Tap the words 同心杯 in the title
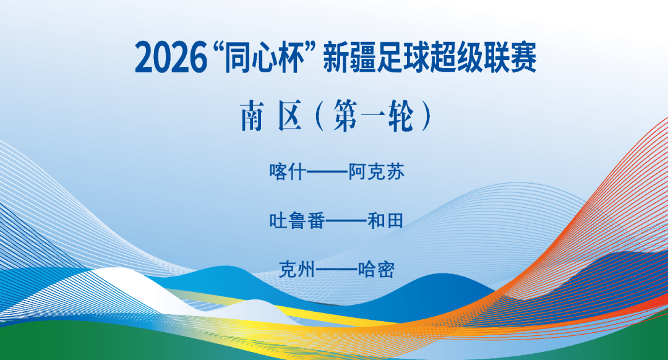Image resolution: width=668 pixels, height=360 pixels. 263,58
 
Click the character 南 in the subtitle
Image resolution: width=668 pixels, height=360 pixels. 252,116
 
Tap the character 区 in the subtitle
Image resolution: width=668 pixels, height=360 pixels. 290,116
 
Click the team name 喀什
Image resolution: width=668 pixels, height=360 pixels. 288,172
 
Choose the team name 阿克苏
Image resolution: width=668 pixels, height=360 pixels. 376,172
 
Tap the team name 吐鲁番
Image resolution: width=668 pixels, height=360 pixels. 297,221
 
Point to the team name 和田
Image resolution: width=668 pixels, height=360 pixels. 385,221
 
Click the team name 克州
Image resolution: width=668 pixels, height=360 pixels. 297,269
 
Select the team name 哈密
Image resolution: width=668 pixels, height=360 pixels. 376,269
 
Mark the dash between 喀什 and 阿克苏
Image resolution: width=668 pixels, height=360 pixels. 327,172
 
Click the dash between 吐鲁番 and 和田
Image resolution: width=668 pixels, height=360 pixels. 346,221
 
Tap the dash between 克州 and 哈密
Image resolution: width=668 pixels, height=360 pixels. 336,270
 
